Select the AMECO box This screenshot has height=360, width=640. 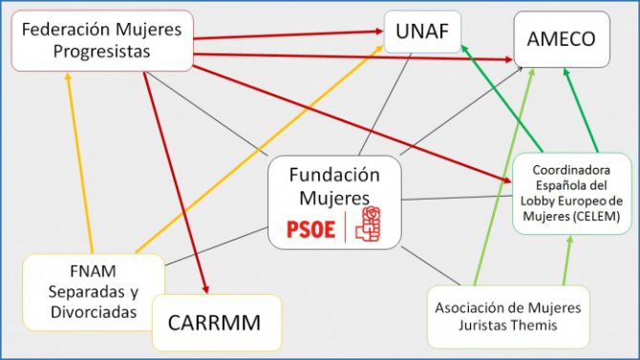tap(562, 38)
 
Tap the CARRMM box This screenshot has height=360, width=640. tap(219, 322)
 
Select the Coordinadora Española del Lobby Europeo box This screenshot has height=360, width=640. tap(572, 193)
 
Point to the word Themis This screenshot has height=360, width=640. tap(541, 326)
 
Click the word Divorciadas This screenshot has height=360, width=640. tap(93, 311)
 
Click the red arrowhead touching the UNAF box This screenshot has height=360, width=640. tap(378, 32)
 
